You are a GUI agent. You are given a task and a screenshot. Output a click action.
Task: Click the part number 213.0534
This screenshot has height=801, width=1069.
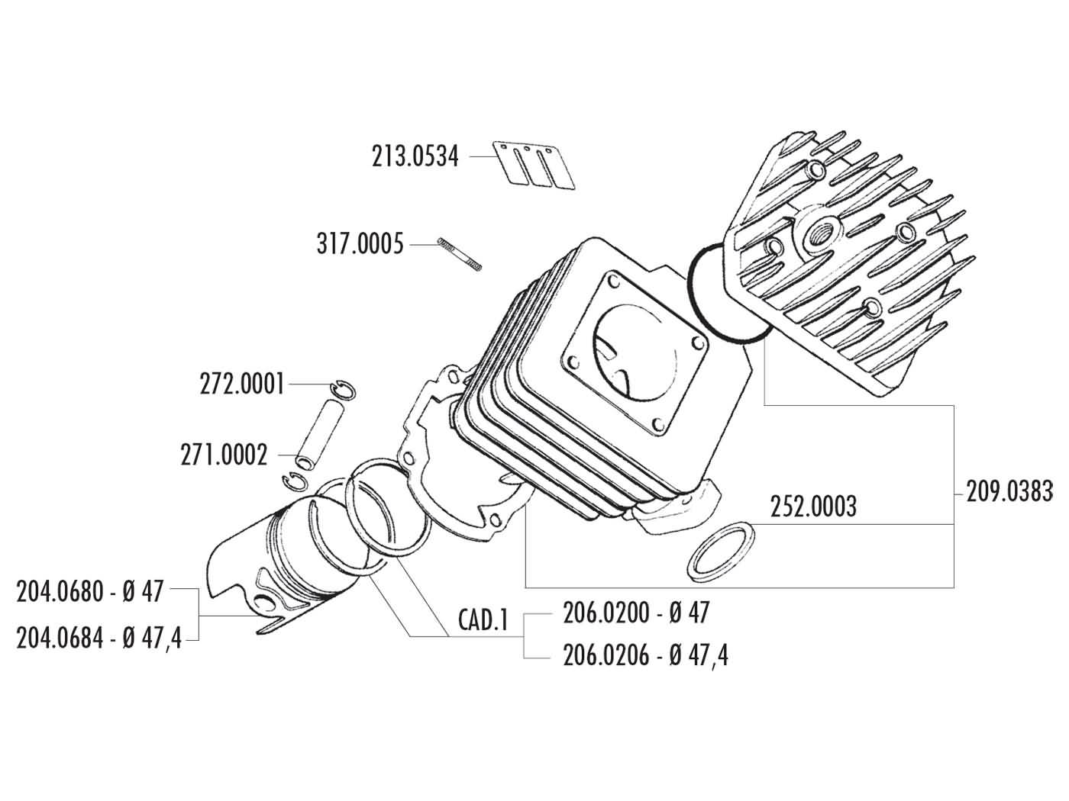click(415, 156)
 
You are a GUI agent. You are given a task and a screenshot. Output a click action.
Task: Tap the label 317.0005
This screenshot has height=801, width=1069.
click(360, 245)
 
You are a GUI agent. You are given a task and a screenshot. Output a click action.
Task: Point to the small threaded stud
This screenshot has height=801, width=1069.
click(460, 253)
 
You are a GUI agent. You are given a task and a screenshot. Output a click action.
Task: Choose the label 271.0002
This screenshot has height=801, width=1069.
click(224, 455)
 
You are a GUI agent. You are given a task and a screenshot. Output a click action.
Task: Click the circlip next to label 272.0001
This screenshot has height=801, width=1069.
click(344, 388)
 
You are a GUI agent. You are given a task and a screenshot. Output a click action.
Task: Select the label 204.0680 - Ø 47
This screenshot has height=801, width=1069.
click(90, 591)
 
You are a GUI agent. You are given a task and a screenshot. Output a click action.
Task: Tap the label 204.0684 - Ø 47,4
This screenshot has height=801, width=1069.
click(99, 639)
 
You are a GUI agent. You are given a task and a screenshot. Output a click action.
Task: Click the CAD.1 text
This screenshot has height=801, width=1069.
click(483, 619)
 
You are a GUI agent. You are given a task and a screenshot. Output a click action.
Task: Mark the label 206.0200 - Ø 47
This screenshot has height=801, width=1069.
click(635, 612)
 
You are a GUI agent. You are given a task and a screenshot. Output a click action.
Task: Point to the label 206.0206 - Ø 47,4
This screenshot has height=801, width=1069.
click(645, 655)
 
